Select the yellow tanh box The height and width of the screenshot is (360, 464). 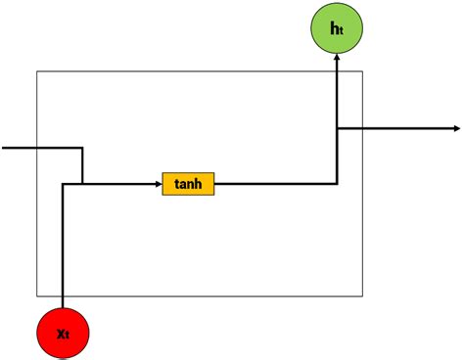[188, 183]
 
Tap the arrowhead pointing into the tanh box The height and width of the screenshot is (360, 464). [158, 183]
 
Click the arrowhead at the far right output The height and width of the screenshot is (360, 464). [455, 128]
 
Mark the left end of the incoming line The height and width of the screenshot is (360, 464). [3, 149]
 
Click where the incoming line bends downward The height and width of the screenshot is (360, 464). [82, 149]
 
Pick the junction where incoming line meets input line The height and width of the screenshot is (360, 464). [82, 183]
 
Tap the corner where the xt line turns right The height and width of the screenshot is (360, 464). [62, 183]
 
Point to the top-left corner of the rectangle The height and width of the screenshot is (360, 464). [37, 71]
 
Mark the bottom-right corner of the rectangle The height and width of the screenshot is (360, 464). [362, 295]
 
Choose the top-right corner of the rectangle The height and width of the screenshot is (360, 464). [362, 71]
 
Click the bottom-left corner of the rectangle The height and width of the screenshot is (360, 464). [37, 295]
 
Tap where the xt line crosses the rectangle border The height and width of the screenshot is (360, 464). [62, 295]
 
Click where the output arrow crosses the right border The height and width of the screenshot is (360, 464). [362, 128]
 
